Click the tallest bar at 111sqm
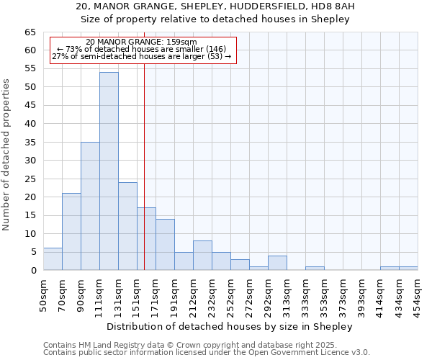coord(109,171)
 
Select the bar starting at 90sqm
coord(90,206)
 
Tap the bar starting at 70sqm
coord(71,232)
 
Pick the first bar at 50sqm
coord(53,259)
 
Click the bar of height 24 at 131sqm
coord(127,226)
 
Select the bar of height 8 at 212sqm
coord(202,256)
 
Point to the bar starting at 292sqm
coord(277,263)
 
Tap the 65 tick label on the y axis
coord(30,32)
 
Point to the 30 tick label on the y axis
coord(30,161)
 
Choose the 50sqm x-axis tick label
coord(43,295)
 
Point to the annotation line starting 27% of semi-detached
coord(142,56)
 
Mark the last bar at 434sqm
coord(408,269)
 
